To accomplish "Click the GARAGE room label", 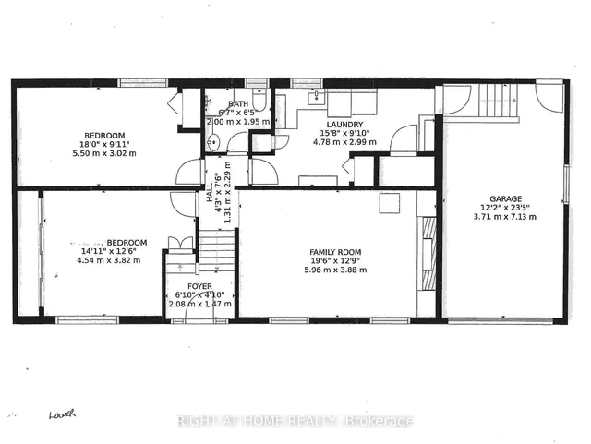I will point(506,198).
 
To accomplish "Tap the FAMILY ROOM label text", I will point(335,252).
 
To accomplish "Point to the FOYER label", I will point(200,286).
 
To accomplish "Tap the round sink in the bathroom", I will point(213,142).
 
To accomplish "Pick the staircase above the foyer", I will point(219,248).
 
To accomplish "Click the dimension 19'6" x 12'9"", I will point(335,261).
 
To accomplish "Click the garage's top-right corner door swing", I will point(549,95).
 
